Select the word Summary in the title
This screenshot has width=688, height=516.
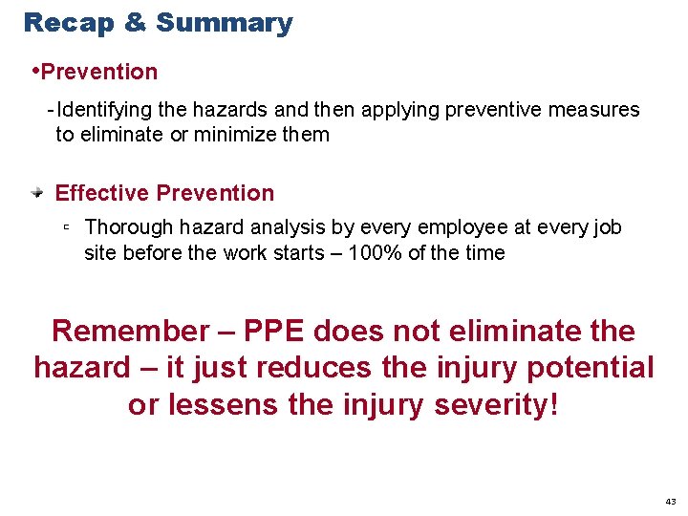(225, 23)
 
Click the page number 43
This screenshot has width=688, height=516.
(670, 501)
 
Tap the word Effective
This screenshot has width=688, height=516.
(102, 193)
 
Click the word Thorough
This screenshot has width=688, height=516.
(126, 227)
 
